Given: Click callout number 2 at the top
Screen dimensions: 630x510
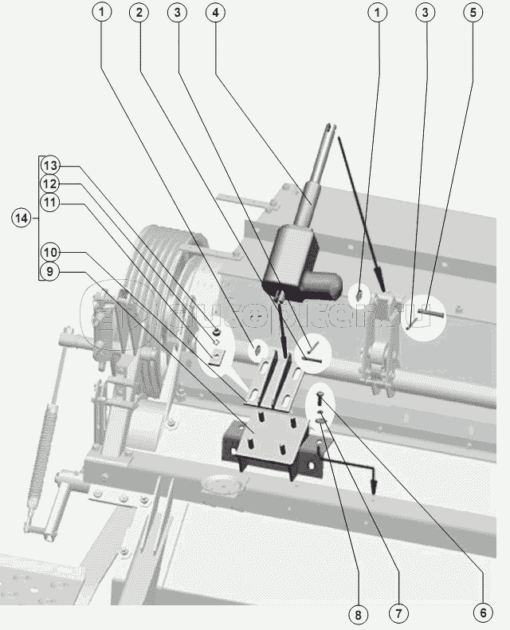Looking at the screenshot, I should tap(139, 13).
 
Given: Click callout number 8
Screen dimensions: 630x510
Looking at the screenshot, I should tap(359, 614).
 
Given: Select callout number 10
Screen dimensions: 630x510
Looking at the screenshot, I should tap(50, 252).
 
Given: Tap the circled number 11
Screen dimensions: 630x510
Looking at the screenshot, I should tap(50, 203).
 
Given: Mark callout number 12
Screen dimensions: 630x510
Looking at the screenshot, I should tap(50, 184).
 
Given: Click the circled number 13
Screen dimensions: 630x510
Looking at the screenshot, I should tap(50, 166).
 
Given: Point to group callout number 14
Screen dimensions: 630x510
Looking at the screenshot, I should tap(22, 217).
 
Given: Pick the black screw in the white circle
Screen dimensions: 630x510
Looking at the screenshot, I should tap(320, 396).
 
